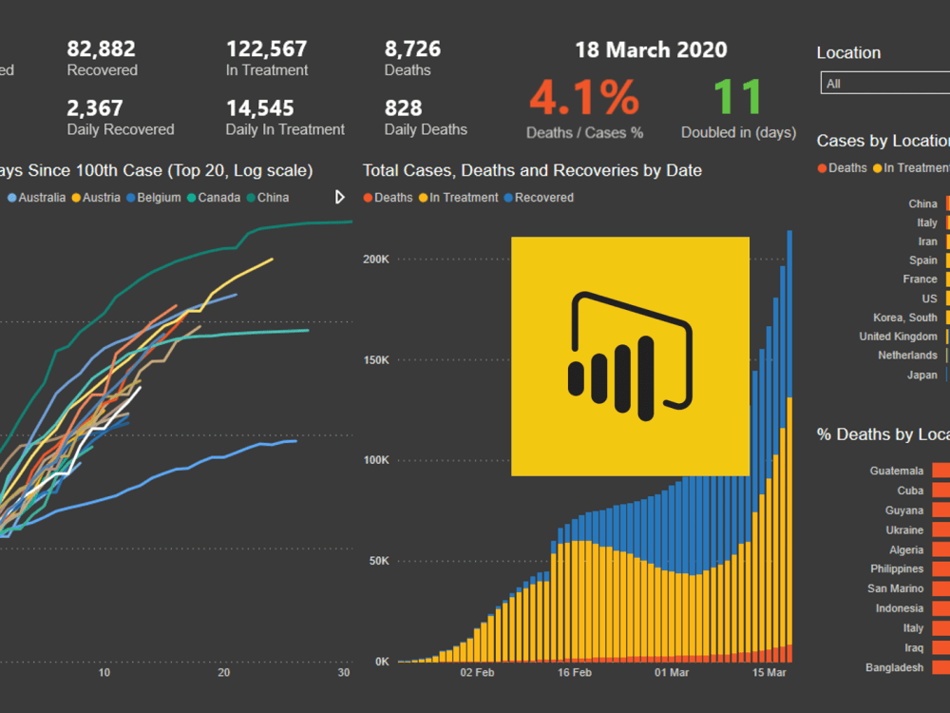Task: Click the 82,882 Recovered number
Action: [x=102, y=48]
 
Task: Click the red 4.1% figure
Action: [x=584, y=97]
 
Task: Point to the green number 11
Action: [x=737, y=97]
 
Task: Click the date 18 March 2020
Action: [x=651, y=50]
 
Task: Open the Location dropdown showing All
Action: [x=883, y=84]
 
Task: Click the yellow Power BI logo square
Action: [x=630, y=356]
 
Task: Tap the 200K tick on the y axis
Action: [x=376, y=259]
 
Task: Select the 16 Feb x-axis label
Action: [x=574, y=673]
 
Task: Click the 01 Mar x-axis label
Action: [x=672, y=673]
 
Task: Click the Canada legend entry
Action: [x=218, y=198]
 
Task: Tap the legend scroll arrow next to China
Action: [x=340, y=198]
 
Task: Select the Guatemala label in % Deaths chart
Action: [x=896, y=471]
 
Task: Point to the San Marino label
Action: [x=895, y=588]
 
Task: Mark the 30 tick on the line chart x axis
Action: [x=344, y=673]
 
